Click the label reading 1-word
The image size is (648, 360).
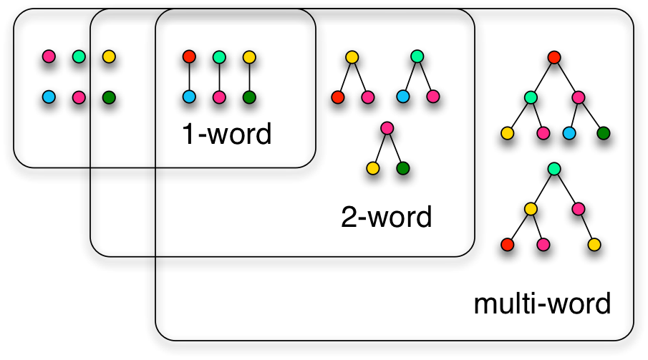[226, 135]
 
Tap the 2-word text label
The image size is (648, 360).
[387, 216]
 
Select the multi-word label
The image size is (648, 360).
[542, 303]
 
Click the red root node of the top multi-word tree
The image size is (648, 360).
[553, 57]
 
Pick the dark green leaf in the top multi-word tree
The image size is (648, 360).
[603, 133]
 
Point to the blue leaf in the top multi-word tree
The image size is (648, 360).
[569, 133]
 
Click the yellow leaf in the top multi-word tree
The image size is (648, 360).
[508, 133]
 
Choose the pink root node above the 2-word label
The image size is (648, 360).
[387, 128]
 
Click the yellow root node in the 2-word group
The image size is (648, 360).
[352, 57]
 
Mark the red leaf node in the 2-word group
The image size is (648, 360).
[338, 97]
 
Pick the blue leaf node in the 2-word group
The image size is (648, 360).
[402, 97]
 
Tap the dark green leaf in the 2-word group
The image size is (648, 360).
[402, 169]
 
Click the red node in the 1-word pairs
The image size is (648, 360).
[189, 57]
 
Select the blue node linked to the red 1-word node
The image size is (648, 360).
[189, 97]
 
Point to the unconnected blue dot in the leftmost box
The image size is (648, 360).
[49, 97]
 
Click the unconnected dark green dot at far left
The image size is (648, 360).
[109, 97]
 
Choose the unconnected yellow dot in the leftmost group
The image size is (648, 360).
[109, 57]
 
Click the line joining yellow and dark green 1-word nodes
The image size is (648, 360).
[249, 77]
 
